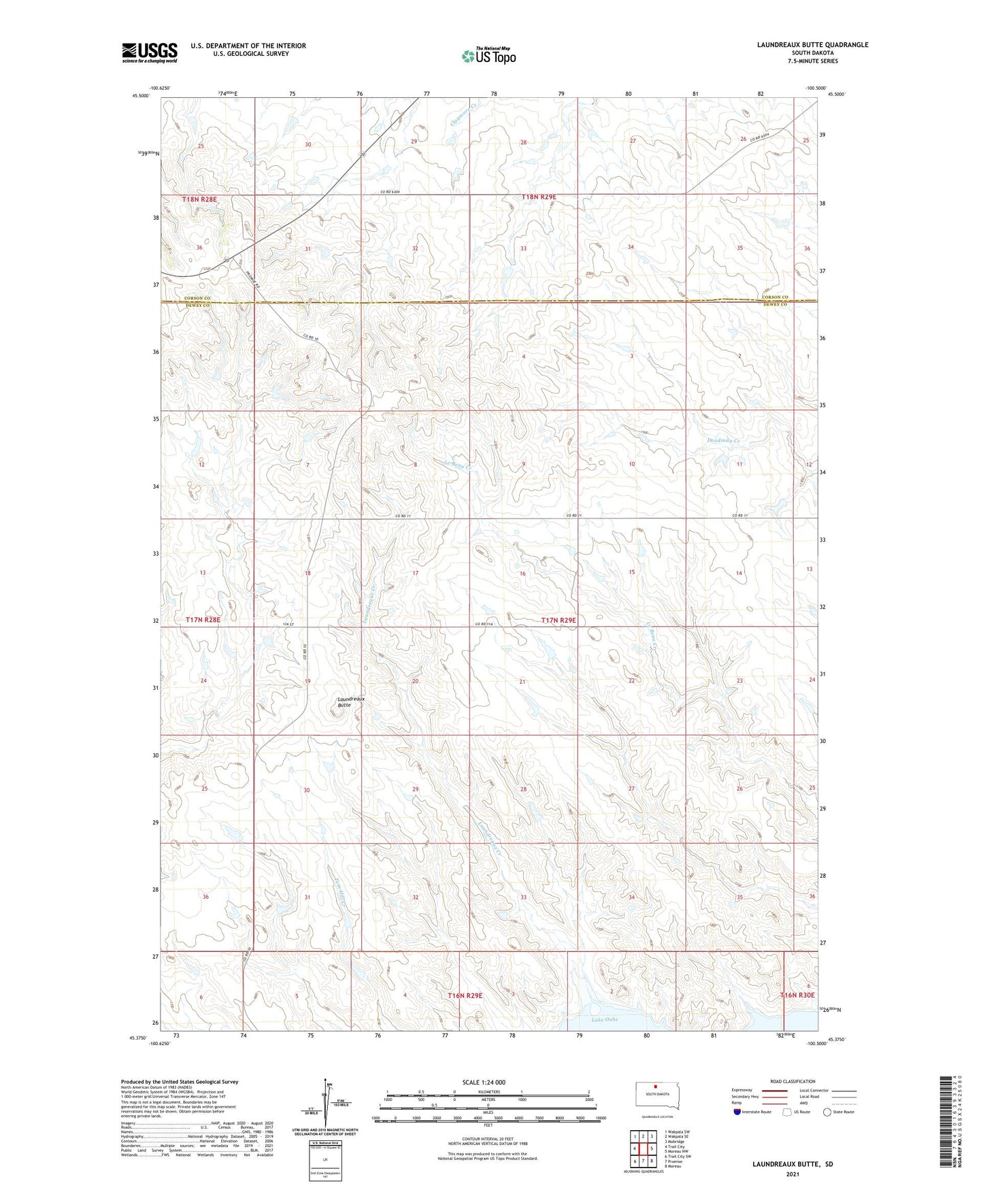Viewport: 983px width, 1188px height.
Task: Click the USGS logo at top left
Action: (149, 52)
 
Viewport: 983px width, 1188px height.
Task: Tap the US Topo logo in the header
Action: (488, 56)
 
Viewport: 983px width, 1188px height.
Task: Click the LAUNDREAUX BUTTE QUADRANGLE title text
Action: (812, 45)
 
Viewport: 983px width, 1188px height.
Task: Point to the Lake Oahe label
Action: (604, 1019)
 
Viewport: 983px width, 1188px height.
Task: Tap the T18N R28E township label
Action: (199, 199)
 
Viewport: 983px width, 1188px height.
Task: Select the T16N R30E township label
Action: (797, 995)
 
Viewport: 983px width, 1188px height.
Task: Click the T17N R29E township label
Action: (559, 620)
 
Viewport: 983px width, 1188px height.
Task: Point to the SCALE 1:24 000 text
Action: (483, 1082)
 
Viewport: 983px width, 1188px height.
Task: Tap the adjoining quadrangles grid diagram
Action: (643, 1149)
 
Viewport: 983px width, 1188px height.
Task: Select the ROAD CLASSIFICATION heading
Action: (793, 1081)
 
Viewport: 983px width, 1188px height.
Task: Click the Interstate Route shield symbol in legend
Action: (739, 1112)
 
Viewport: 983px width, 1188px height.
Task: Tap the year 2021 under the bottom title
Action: (793, 1174)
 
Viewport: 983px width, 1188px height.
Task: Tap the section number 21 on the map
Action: (522, 681)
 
